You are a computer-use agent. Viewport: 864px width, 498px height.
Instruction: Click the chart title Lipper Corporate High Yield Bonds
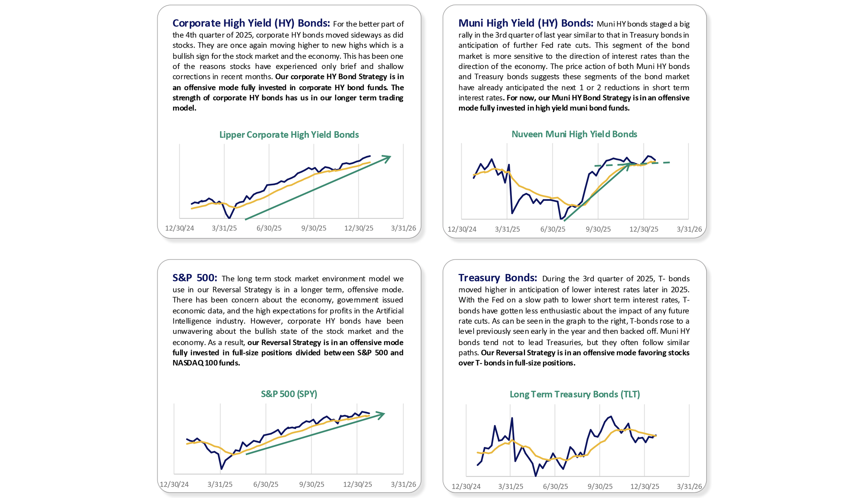(289, 135)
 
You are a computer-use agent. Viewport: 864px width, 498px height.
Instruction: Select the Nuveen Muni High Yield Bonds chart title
(574, 134)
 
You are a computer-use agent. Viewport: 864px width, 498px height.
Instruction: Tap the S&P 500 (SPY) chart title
(289, 394)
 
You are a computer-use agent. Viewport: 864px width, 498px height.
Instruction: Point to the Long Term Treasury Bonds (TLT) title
(574, 394)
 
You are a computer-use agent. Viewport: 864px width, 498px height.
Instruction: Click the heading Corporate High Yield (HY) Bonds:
(251, 23)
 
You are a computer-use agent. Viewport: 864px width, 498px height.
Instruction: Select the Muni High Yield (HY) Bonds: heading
(525, 23)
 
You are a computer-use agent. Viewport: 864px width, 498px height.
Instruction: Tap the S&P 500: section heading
(195, 278)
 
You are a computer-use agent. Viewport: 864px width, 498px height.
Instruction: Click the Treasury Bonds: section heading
(497, 278)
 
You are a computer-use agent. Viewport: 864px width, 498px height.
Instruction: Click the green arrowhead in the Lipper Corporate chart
(387, 158)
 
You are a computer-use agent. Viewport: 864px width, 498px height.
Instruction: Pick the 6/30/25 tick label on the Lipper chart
(269, 228)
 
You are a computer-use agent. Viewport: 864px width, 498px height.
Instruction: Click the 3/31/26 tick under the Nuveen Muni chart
(689, 229)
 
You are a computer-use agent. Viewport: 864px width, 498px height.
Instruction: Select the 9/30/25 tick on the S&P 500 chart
(311, 484)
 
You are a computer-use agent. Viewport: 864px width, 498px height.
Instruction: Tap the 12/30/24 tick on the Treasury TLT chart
(466, 486)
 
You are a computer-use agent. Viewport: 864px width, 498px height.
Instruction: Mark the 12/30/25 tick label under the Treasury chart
(645, 486)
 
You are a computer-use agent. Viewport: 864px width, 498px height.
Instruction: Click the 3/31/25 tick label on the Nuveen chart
(507, 229)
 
